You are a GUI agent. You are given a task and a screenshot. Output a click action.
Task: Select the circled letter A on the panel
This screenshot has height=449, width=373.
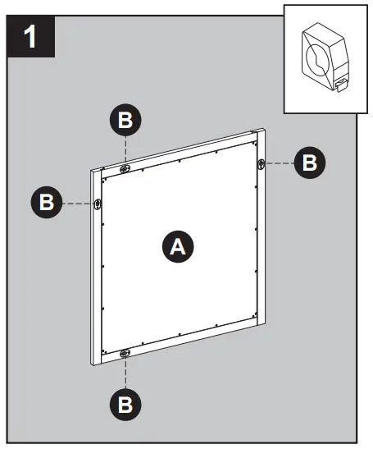pyautogui.click(x=176, y=246)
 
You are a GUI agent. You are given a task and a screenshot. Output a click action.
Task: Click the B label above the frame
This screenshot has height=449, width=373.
pyautogui.click(x=125, y=121)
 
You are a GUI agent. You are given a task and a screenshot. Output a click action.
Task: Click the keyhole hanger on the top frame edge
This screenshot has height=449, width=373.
pyautogui.click(x=125, y=168)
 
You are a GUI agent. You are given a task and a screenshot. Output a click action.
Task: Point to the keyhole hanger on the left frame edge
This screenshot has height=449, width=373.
pyautogui.click(x=98, y=204)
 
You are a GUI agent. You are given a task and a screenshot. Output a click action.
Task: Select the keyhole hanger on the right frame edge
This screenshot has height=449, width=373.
pyautogui.click(x=261, y=163)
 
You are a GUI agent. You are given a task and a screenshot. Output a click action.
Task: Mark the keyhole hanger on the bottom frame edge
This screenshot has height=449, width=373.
pyautogui.click(x=125, y=354)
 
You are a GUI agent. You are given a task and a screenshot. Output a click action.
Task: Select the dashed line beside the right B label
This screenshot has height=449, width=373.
pyautogui.click(x=281, y=163)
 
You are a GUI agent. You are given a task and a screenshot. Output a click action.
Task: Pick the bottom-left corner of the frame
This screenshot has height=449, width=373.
pyautogui.click(x=91, y=362)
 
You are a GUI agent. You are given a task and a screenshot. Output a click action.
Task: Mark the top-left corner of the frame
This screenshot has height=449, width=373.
pyautogui.click(x=91, y=170)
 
